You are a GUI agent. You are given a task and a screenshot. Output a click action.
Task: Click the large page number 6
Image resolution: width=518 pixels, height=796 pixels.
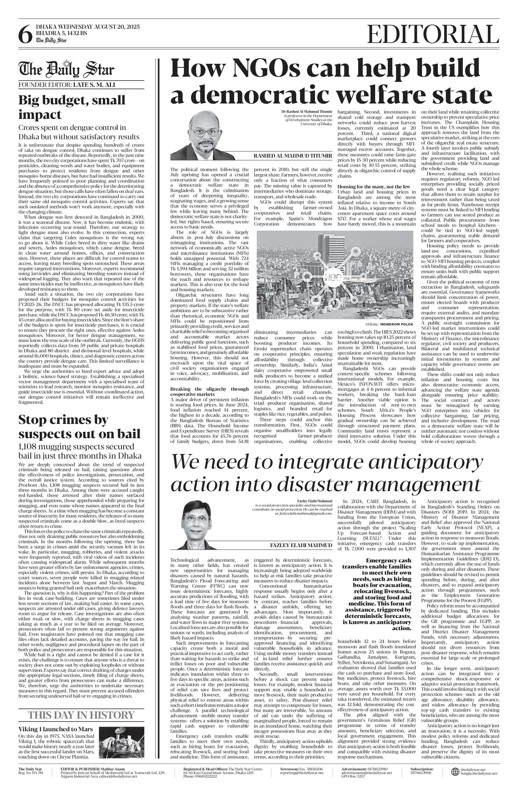25,34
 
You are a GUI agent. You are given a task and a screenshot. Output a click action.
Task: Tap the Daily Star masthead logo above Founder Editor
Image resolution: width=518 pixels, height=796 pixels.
66,69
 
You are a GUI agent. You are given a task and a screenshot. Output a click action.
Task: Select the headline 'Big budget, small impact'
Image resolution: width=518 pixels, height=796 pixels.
72,107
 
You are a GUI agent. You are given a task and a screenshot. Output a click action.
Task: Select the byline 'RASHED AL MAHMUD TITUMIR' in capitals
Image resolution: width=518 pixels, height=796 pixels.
293,156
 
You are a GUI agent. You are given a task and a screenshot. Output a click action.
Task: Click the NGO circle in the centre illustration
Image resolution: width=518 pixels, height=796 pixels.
330,277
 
